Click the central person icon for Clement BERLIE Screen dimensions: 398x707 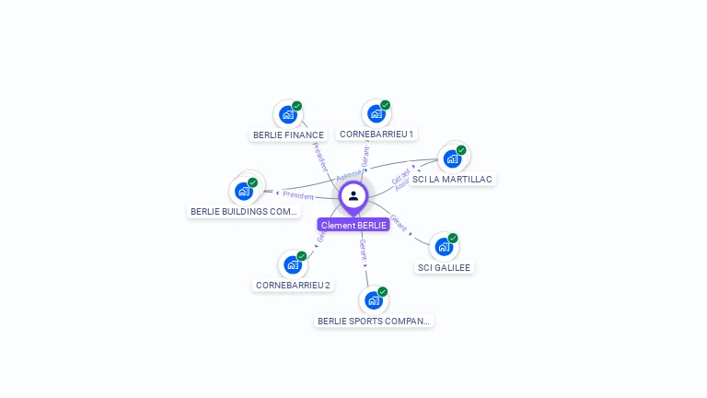pyautogui.click(x=353, y=196)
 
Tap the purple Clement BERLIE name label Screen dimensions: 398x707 pyautogui.click(x=353, y=225)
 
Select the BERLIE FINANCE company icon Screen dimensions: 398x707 pyautogui.click(x=288, y=115)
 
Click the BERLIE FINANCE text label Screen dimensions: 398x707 pyautogui.click(x=288, y=135)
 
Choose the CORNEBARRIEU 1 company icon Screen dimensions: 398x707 pyautogui.click(x=376, y=113)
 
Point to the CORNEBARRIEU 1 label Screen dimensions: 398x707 pyautogui.click(x=376, y=134)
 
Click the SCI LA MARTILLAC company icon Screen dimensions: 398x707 pyautogui.click(x=452, y=158)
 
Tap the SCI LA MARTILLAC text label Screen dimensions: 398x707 pyautogui.click(x=452, y=180)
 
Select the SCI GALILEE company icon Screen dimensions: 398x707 pyautogui.click(x=444, y=247)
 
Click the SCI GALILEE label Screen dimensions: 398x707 pyautogui.click(x=444, y=268)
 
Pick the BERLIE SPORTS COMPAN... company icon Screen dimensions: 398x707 pyautogui.click(x=373, y=300)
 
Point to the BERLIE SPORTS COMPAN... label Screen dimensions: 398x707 pyautogui.click(x=373, y=322)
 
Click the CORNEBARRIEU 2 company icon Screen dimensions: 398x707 pyautogui.click(x=293, y=265)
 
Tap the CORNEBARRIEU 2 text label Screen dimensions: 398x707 pyautogui.click(x=293, y=286)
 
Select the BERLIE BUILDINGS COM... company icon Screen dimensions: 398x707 pyautogui.click(x=244, y=191)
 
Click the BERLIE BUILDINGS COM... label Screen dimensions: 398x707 pyautogui.click(x=244, y=212)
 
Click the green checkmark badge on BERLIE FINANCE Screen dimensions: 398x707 pyautogui.click(x=297, y=106)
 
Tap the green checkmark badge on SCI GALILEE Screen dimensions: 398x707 pyautogui.click(x=453, y=238)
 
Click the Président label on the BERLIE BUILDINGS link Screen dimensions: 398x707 pyautogui.click(x=298, y=195)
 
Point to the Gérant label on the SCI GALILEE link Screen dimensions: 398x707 pyautogui.click(x=399, y=222)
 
